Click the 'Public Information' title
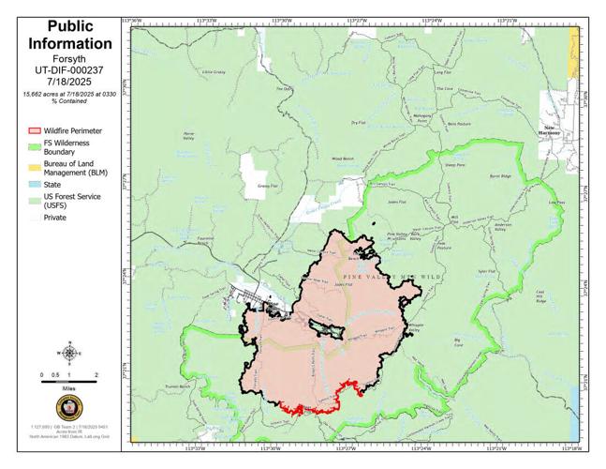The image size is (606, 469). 70,37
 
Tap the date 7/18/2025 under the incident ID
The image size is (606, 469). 70,83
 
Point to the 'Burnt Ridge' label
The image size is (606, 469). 501,175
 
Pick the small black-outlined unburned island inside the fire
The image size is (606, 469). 326,325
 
